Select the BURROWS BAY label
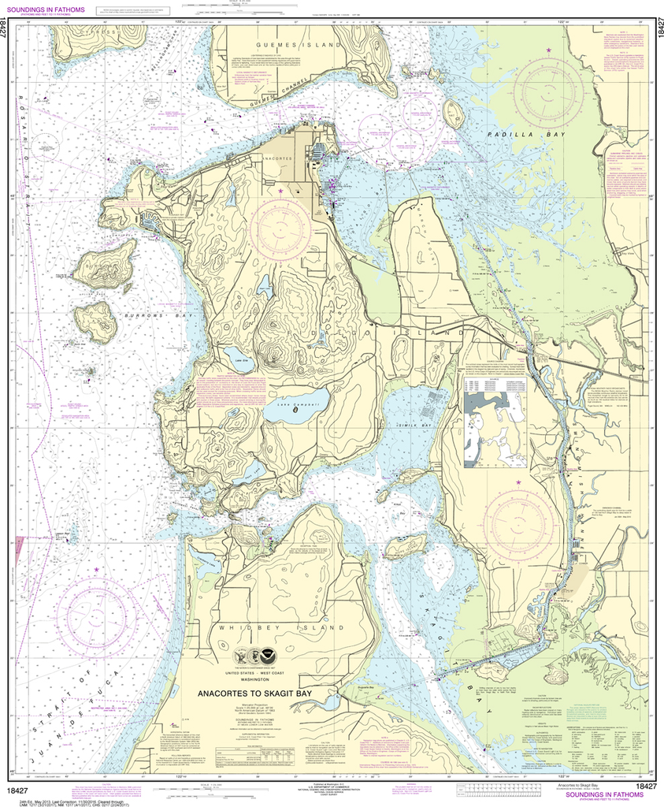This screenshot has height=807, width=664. coord(147,315)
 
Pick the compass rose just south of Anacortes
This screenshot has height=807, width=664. coord(280,226)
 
